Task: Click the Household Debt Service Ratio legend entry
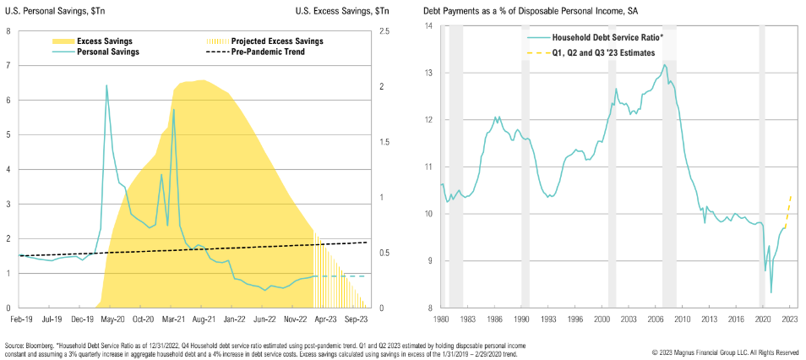coord(595,38)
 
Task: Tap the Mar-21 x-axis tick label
coord(173,319)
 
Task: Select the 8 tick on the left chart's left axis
coord(8,31)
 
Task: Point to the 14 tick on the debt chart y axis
coord(428,25)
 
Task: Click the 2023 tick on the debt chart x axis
coord(788,319)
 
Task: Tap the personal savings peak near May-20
coord(106,85)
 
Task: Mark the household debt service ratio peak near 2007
coord(665,65)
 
